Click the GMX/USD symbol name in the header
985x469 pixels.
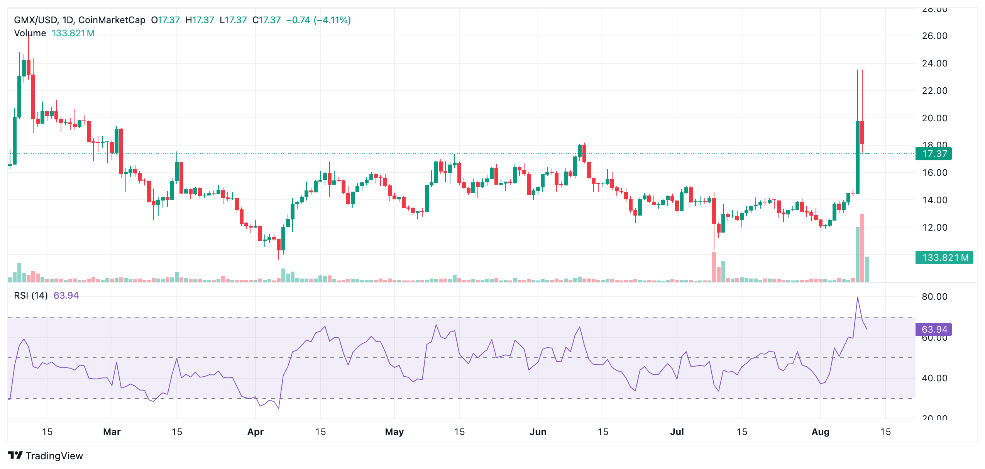coord(36,20)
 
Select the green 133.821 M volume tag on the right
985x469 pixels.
coord(944,258)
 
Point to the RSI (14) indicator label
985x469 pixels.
coord(31,296)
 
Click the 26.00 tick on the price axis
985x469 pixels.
coord(934,36)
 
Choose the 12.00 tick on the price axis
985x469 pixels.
coord(934,228)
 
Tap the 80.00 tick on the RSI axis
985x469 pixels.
coord(934,297)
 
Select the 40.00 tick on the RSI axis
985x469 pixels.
coord(934,378)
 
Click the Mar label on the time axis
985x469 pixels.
coord(112,432)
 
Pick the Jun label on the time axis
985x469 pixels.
coord(538,432)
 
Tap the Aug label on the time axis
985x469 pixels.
coord(820,432)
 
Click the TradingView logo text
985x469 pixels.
coord(54,456)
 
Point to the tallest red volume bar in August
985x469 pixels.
coord(862,247)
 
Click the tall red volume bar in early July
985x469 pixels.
coord(714,267)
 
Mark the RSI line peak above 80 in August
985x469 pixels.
coord(857,297)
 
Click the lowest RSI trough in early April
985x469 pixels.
coord(278,408)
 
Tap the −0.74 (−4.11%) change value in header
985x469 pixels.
coord(318,20)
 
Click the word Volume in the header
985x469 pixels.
coord(30,33)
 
